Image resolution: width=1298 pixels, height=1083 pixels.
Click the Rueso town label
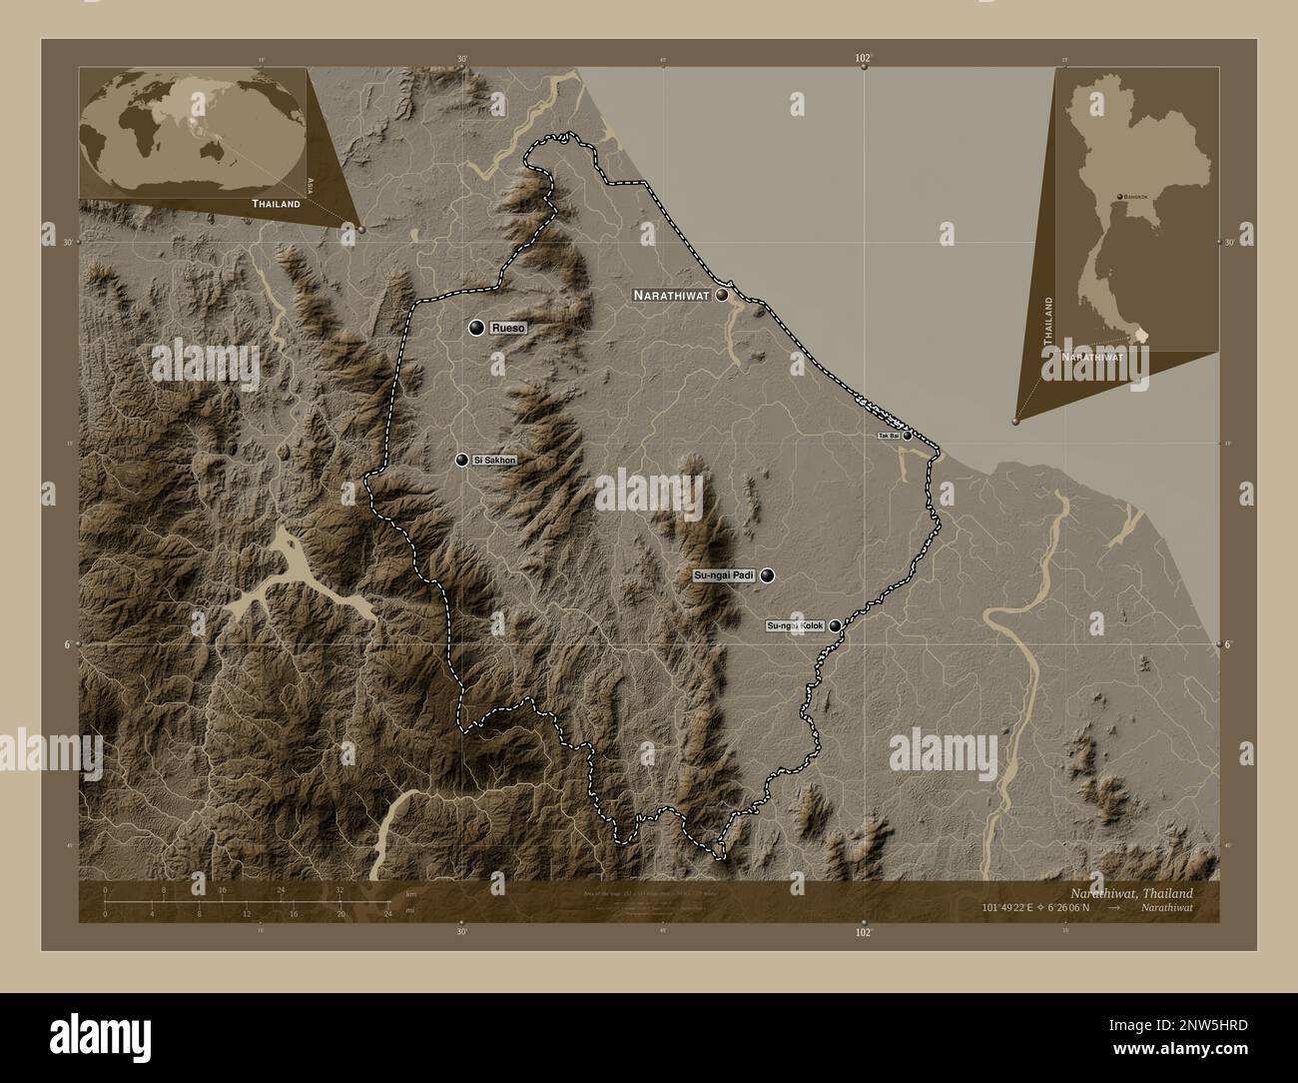tap(508, 328)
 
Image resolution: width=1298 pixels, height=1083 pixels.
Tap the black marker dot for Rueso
tap(477, 328)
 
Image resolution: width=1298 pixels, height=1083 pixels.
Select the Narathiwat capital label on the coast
tap(670, 296)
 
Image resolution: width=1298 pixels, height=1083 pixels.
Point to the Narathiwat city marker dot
tap(721, 296)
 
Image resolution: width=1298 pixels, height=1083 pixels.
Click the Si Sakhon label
tap(495, 461)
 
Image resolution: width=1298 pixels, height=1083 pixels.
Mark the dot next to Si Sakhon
tap(461, 461)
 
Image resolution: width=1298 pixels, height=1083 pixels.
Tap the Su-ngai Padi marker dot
tap(767, 575)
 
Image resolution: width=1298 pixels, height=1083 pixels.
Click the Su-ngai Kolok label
tap(795, 626)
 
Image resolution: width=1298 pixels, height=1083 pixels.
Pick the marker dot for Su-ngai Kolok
tap(835, 626)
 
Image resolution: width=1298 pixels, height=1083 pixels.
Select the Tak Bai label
tap(888, 437)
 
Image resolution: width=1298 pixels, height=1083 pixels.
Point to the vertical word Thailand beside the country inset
tap(1047, 321)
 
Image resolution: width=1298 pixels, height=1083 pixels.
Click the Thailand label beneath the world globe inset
tap(276, 203)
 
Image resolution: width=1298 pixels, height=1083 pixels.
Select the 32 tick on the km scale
tap(339, 889)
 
